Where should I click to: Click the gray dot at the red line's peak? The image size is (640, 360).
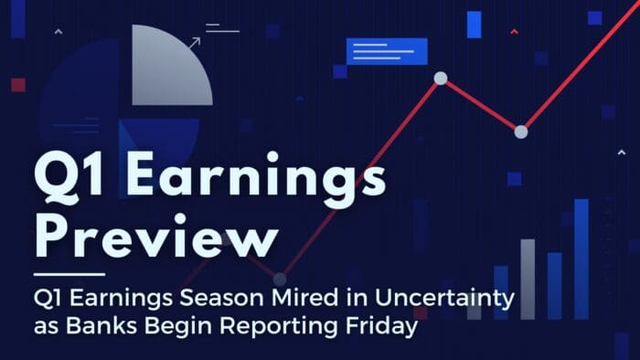tap(440, 79)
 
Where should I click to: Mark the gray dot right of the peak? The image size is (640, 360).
tap(521, 132)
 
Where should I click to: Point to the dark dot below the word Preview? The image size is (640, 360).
tap(280, 279)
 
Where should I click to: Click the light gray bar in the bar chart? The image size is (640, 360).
tap(528, 279)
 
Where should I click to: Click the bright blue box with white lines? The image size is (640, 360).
tap(387, 51)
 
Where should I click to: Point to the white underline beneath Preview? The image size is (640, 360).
tap(69, 273)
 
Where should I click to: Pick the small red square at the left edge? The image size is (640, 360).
tap(18, 85)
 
